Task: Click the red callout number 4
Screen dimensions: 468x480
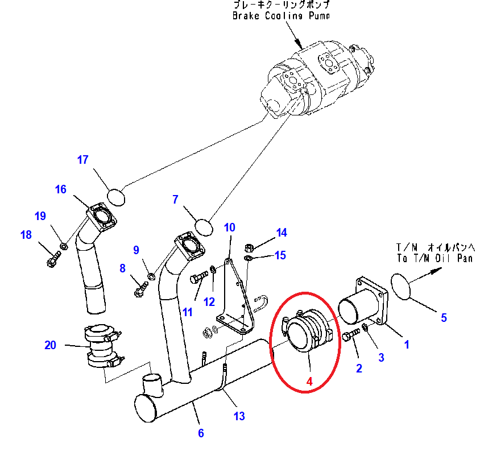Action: coord(309,382)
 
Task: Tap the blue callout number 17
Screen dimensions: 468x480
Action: coord(83,160)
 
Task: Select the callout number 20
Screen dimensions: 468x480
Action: coord(51,345)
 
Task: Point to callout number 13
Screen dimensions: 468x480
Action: coord(239,416)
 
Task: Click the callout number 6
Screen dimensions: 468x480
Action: coord(201,433)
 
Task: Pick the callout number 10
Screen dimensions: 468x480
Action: coord(229,228)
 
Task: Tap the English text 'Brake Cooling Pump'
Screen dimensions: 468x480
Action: coord(281,16)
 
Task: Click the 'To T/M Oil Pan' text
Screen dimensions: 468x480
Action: coord(435,258)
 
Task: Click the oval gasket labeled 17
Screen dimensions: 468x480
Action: coord(116,196)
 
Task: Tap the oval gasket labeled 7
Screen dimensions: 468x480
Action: coord(204,227)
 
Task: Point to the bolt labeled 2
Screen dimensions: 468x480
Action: coord(350,337)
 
